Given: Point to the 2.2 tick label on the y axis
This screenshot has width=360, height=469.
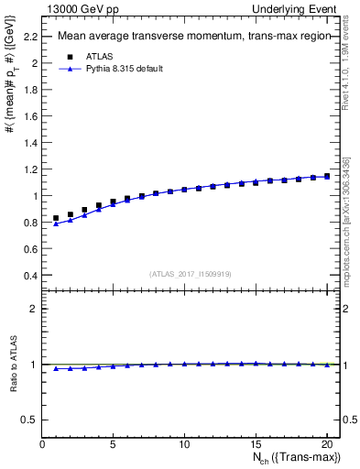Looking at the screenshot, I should pos(30,37).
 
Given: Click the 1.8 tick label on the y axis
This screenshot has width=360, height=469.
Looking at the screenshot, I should pos(30,90).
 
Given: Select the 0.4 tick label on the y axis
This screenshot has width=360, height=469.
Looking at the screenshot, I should pos(30,276).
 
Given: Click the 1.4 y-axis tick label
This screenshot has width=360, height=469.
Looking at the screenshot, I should pos(30,143).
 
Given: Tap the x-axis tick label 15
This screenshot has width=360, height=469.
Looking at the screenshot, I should pos(256,444).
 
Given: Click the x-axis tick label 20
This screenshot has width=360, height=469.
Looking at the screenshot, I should pos(326,444).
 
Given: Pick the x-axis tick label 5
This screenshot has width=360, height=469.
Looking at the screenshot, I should pos(114,444).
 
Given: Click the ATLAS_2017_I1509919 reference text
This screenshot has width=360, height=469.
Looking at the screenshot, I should pos(191,274).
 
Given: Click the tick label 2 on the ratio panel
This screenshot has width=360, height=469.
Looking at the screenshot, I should pos(34,309).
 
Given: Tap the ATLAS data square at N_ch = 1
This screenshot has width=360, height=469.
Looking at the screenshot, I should pos(56,218).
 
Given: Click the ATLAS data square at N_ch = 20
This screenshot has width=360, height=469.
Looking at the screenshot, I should pos(327,176).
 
